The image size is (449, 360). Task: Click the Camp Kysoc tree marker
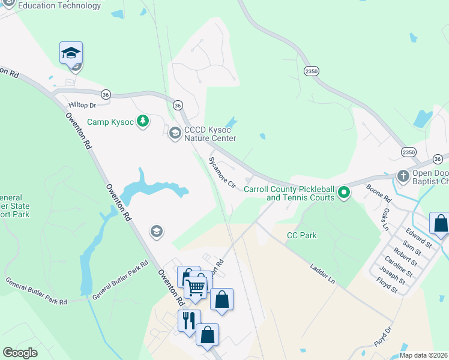point(143,122)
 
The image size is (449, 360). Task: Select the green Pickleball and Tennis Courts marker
point(344,193)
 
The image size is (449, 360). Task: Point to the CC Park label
point(301,235)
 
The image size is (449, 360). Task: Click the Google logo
point(20,353)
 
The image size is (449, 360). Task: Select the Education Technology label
point(59,6)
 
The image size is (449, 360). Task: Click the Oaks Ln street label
point(385,220)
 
